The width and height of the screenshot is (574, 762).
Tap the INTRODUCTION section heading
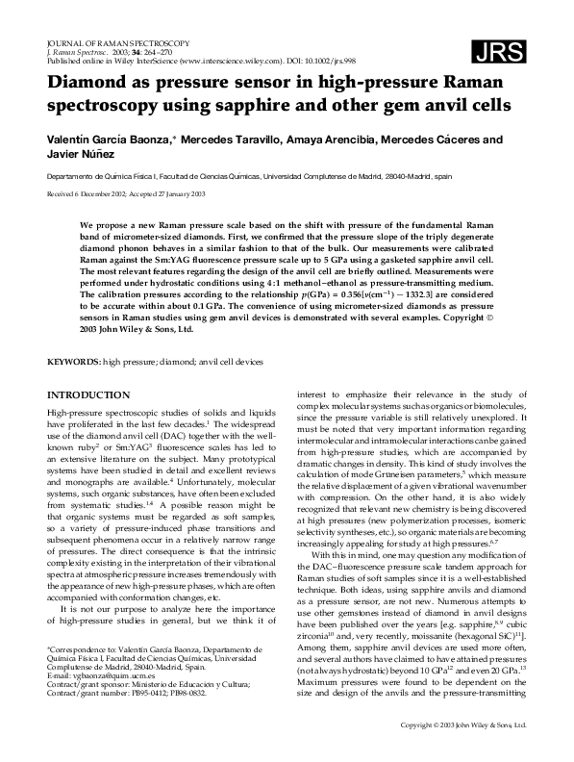click(x=88, y=394)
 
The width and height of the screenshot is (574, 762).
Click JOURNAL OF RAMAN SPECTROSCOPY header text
click(x=124, y=43)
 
